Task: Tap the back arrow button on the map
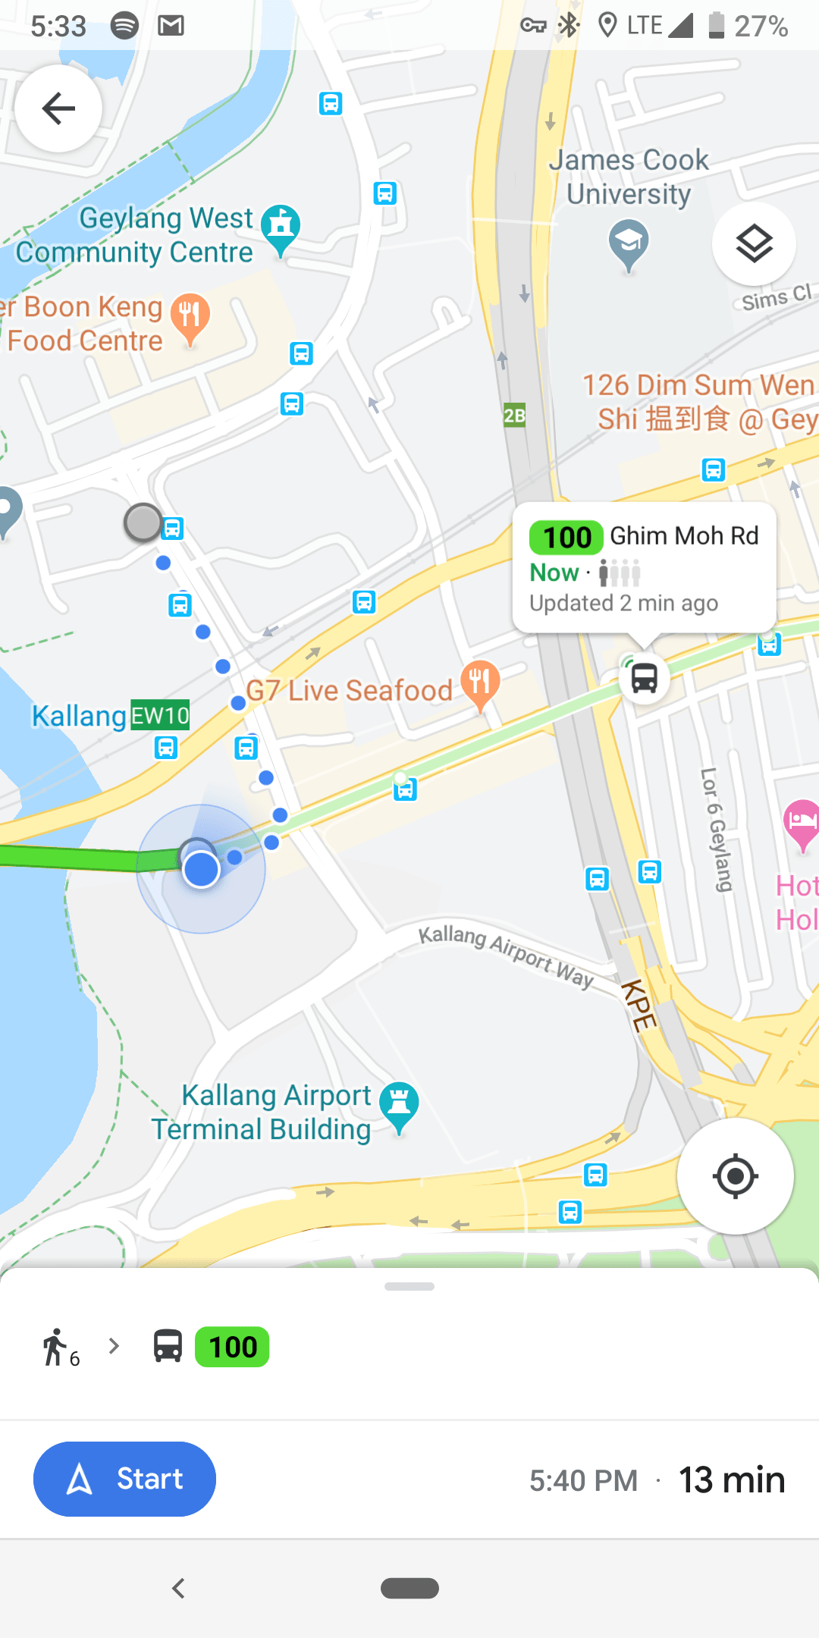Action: click(58, 108)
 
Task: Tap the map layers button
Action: click(754, 243)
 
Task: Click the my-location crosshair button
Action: click(735, 1176)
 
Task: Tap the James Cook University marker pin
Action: click(629, 243)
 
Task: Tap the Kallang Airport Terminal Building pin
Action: click(399, 1105)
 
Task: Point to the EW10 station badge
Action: click(160, 715)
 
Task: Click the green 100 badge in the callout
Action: click(566, 537)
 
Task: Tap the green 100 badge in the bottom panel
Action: click(232, 1347)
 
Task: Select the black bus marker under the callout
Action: click(645, 677)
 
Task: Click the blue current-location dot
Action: click(201, 869)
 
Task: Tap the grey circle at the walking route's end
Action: click(143, 522)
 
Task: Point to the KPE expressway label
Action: click(639, 1005)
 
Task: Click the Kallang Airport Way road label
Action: click(506, 955)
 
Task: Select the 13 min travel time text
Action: click(732, 1480)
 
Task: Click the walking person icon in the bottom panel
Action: click(55, 1348)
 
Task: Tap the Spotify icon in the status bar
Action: click(124, 26)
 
